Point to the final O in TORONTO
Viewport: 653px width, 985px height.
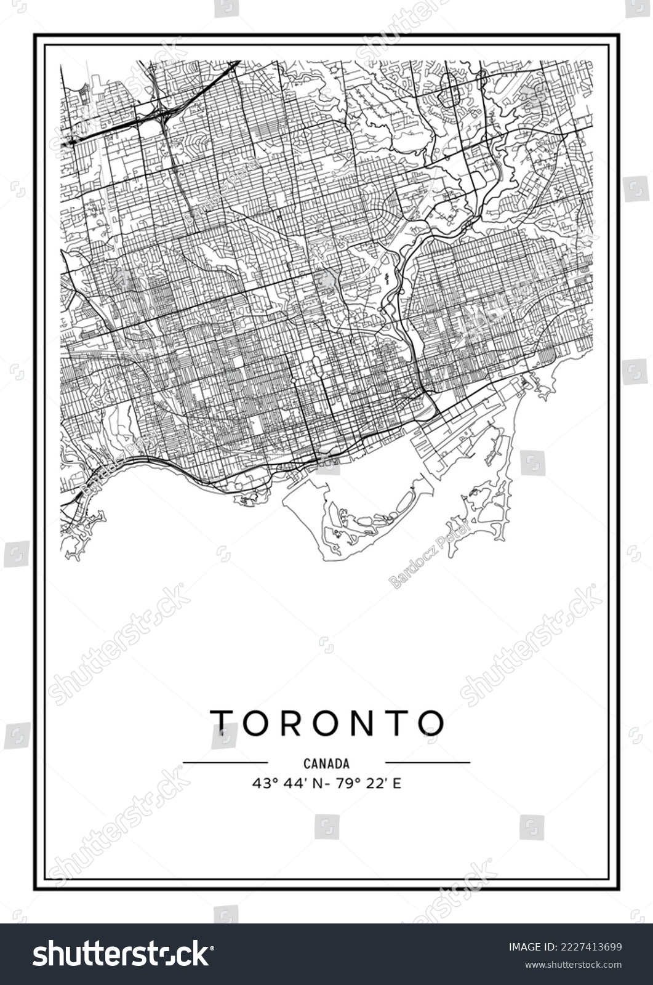click(432, 723)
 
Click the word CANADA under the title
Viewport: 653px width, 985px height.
click(326, 764)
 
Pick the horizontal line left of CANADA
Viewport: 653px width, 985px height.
click(225, 762)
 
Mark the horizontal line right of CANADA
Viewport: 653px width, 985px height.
click(427, 762)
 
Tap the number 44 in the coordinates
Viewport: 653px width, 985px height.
click(289, 784)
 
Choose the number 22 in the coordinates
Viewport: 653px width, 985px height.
click(375, 784)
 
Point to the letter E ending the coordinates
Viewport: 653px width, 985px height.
click(397, 784)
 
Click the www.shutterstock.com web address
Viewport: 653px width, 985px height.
click(566, 964)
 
